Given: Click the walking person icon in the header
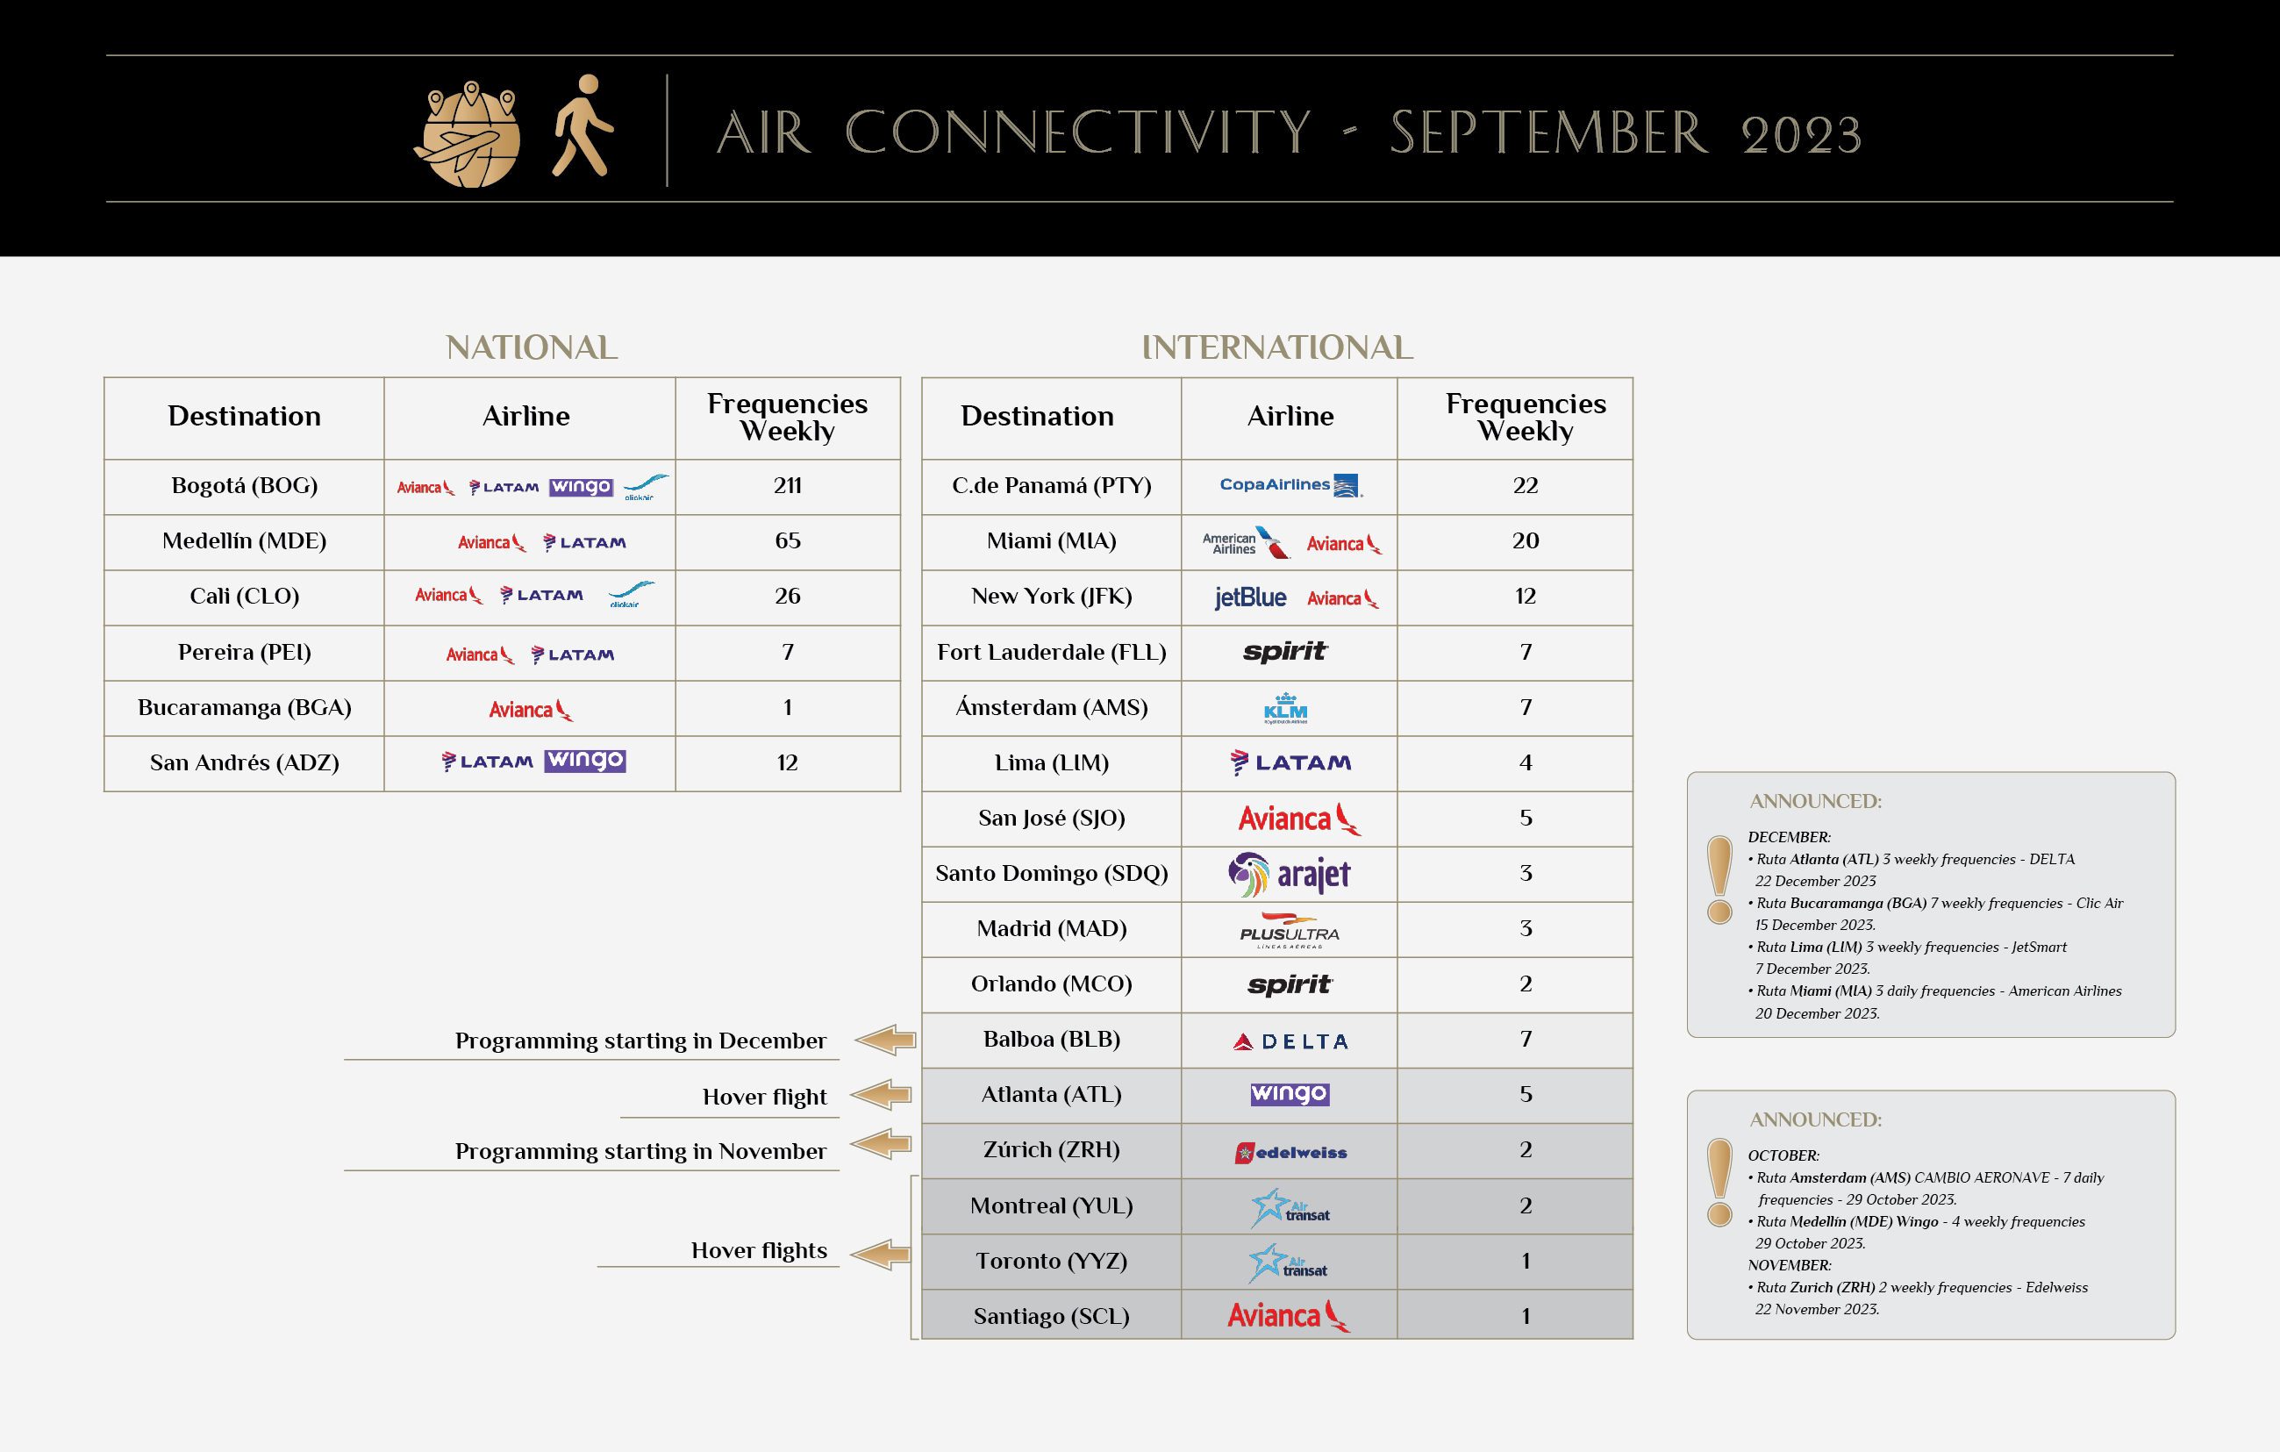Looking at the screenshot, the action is pyautogui.click(x=583, y=126).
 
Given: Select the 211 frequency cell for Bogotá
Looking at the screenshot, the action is pyautogui.click(x=787, y=486).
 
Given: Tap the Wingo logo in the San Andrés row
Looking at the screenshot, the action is pyautogui.click(x=585, y=761).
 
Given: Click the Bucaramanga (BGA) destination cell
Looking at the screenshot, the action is pyautogui.click(x=244, y=707).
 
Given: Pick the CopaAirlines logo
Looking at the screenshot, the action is pyautogui.click(x=1290, y=485).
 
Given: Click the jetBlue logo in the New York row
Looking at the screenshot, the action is pyautogui.click(x=1250, y=597).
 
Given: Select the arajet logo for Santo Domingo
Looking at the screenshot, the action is pyautogui.click(x=1289, y=874).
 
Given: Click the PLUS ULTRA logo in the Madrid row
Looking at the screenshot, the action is pyautogui.click(x=1289, y=930).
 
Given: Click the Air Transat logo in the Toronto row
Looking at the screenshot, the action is pyautogui.click(x=1288, y=1263).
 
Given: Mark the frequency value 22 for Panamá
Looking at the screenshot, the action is pyautogui.click(x=1525, y=486).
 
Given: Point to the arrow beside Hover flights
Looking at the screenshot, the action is pyautogui.click(x=881, y=1254).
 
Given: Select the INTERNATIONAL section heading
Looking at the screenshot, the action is pyautogui.click(x=1277, y=347).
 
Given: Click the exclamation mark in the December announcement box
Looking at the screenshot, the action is pyautogui.click(x=1719, y=879).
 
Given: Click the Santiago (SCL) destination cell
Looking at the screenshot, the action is pyautogui.click(x=1051, y=1316).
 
